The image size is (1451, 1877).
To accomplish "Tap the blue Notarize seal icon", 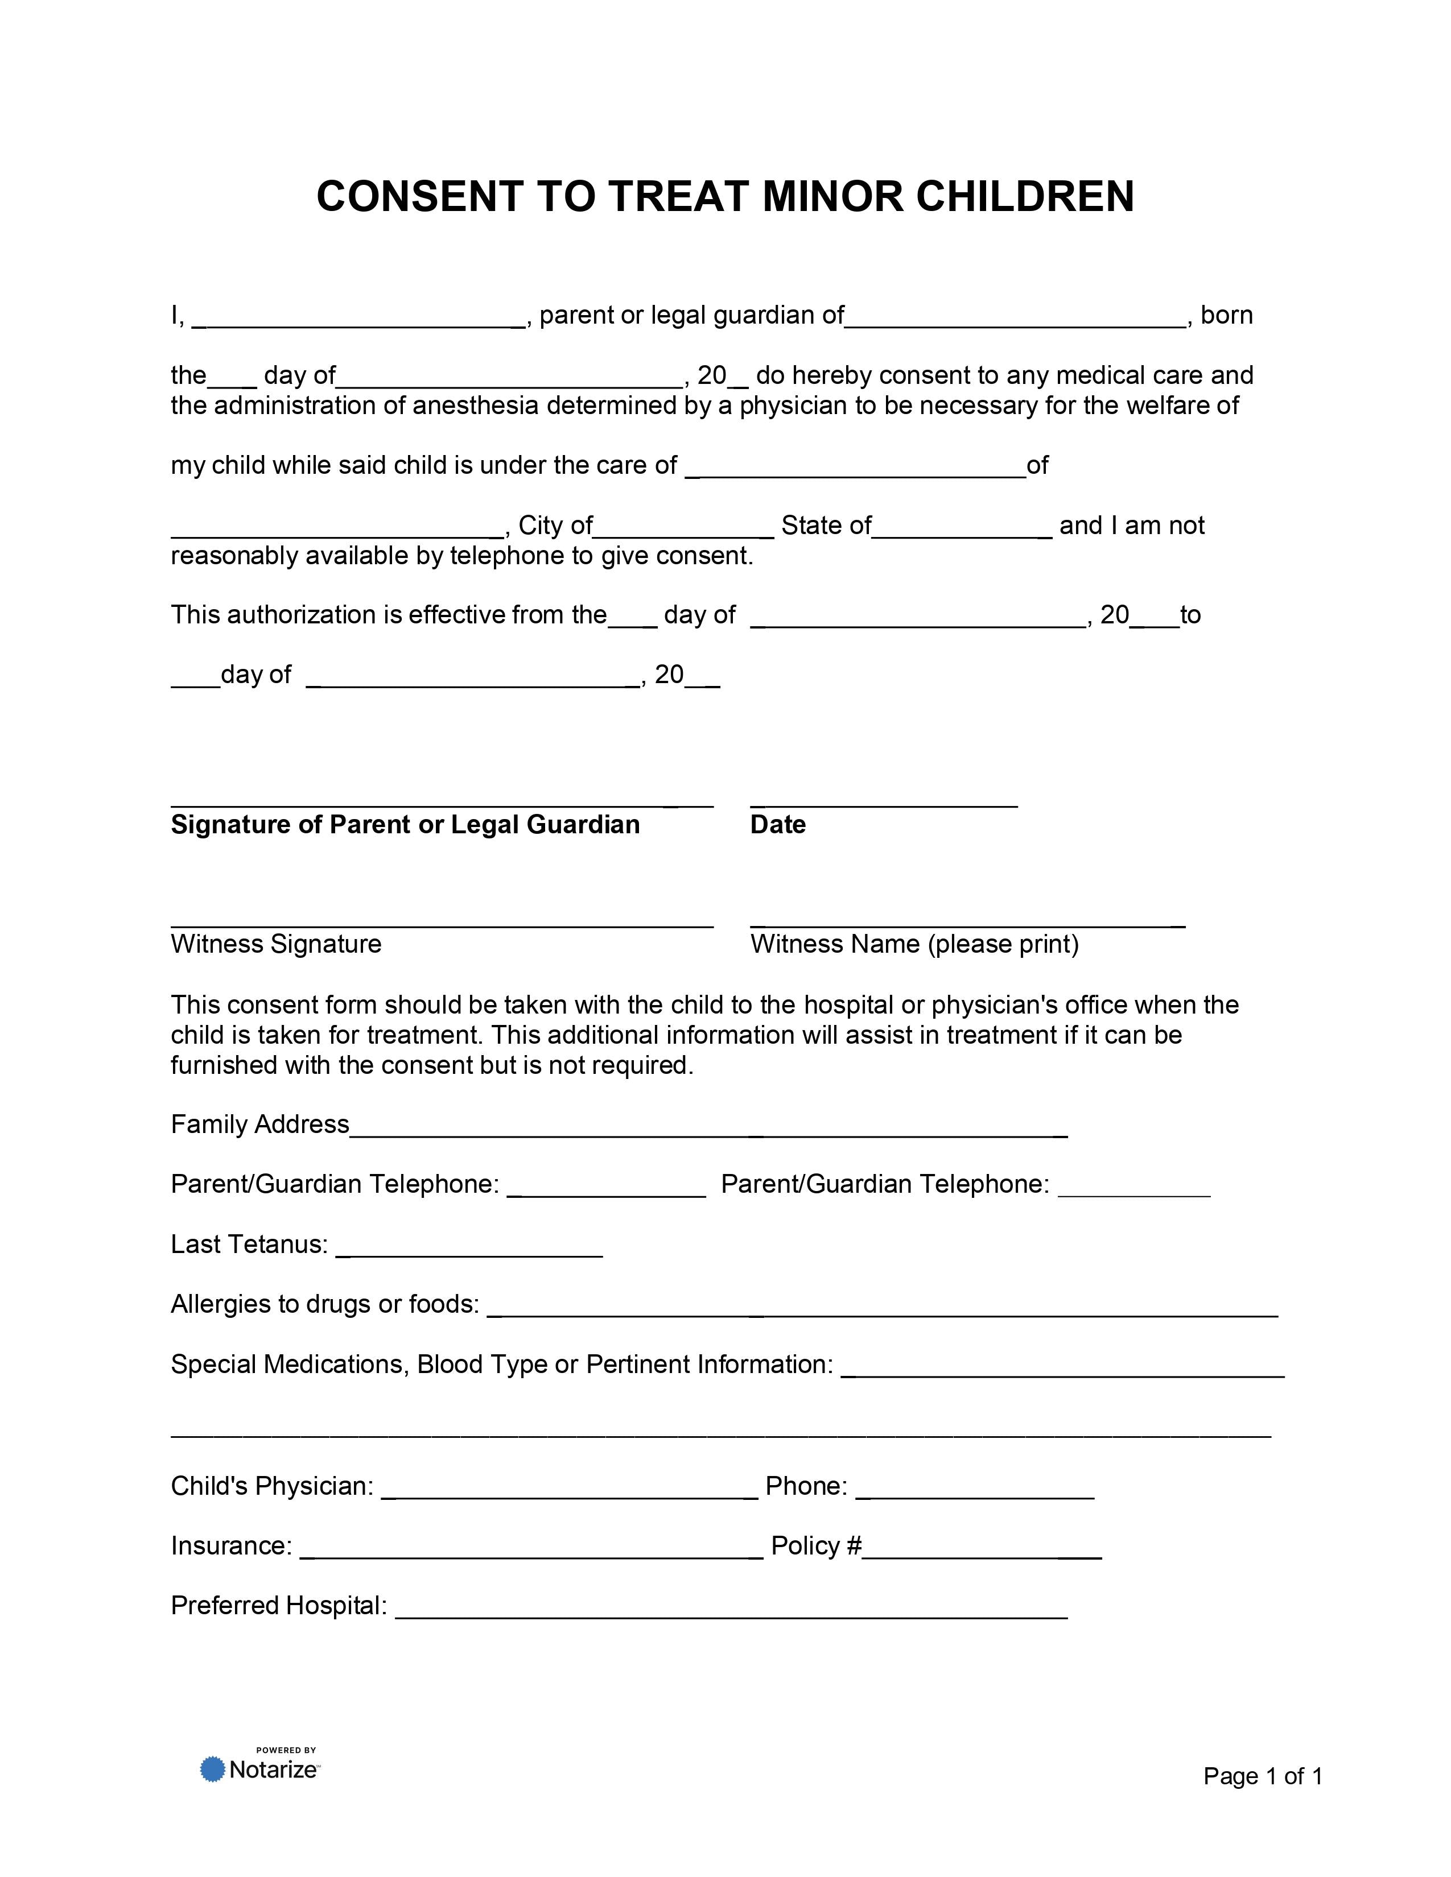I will point(212,1769).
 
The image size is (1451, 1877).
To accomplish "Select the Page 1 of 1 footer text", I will point(1262,1776).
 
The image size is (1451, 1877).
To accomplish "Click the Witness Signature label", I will point(276,945).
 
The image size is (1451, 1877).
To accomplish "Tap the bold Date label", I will point(777,825).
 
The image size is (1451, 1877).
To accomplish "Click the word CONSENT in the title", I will point(419,197).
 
